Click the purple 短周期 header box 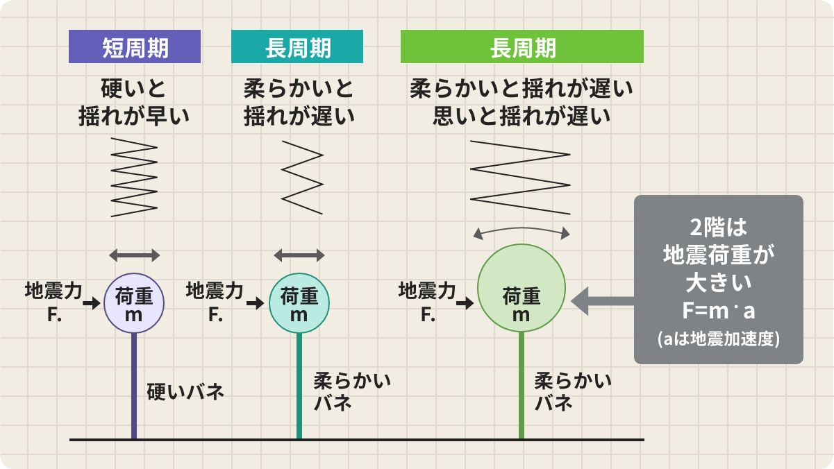[135, 46]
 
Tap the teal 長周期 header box [297, 46]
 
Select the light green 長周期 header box [522, 46]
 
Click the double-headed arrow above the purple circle [135, 255]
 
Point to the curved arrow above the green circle [522, 228]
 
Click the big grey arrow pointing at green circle [602, 301]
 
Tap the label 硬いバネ [185, 391]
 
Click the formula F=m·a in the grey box [718, 311]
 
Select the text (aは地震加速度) [718, 339]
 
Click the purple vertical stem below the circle [134, 386]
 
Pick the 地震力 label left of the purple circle [53, 291]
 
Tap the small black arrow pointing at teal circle [255, 303]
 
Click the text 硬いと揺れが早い [134, 102]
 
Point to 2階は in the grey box [718, 228]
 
